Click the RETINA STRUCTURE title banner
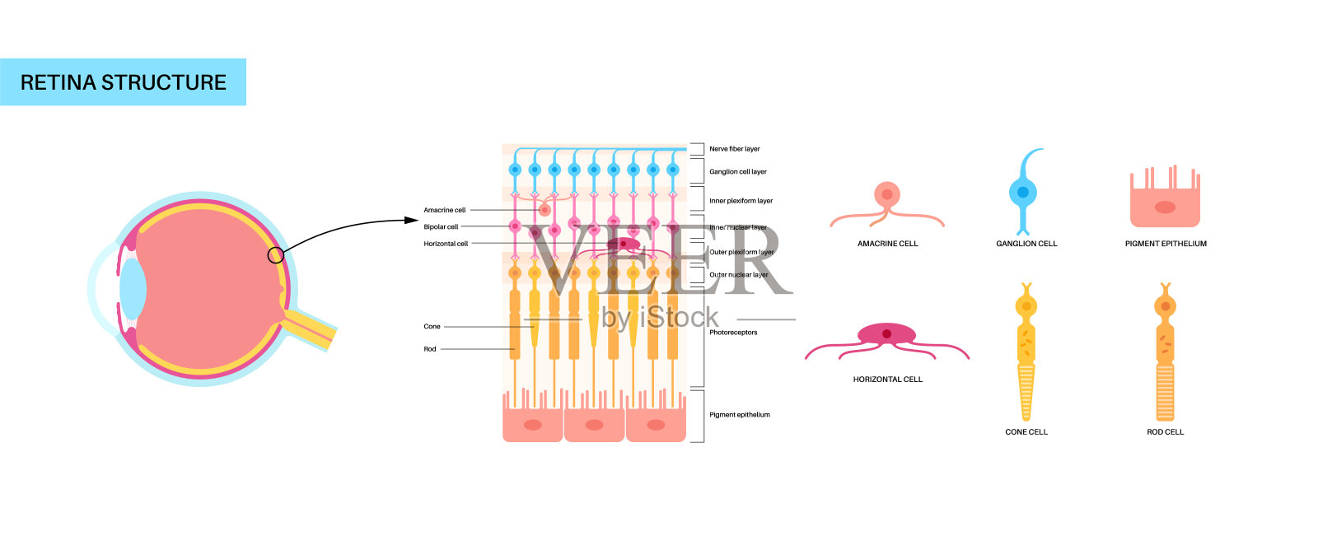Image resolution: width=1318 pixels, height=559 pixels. pos(123,82)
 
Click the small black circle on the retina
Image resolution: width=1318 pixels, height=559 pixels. pos(276,255)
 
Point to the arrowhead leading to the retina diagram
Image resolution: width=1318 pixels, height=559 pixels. pos(413,220)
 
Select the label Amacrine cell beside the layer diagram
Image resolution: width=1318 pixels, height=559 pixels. pos(445,210)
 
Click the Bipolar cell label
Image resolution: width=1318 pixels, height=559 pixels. pos(441,226)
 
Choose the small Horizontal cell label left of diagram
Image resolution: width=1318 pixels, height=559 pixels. pos(446,244)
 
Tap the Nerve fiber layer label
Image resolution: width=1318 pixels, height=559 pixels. pos(735,149)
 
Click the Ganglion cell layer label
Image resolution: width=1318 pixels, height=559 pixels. pos(738,172)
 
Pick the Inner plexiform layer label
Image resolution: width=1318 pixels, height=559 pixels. pos(741,201)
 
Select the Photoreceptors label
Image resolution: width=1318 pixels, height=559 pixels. pos(733,333)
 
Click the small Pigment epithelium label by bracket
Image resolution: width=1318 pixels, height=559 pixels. pos(740,415)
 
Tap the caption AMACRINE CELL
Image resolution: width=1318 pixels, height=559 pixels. pos(887,244)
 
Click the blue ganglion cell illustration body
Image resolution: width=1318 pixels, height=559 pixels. pos(1023,193)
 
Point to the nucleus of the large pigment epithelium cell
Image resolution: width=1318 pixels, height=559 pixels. pos(1165,207)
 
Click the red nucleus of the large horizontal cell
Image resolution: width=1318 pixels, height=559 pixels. pos(886,334)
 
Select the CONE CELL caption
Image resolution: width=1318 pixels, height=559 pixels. pos(1026,431)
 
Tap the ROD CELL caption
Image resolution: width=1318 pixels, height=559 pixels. pos(1165,431)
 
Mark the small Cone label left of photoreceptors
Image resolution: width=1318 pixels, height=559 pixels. pos(432,327)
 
